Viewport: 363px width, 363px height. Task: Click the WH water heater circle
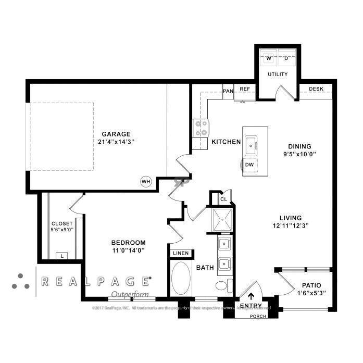click(145, 181)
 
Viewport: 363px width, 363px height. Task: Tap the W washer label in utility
click(269, 58)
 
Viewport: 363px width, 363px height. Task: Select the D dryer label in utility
click(286, 58)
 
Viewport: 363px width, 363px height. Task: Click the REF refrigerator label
click(245, 89)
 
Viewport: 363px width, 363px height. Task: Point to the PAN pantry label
click(228, 91)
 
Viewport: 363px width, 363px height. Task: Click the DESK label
click(316, 89)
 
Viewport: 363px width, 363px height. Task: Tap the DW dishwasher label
click(250, 165)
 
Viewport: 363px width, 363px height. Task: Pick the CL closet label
click(223, 199)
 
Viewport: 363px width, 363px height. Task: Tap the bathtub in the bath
click(181, 278)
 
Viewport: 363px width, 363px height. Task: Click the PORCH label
click(258, 316)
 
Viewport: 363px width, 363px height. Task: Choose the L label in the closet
click(62, 256)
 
